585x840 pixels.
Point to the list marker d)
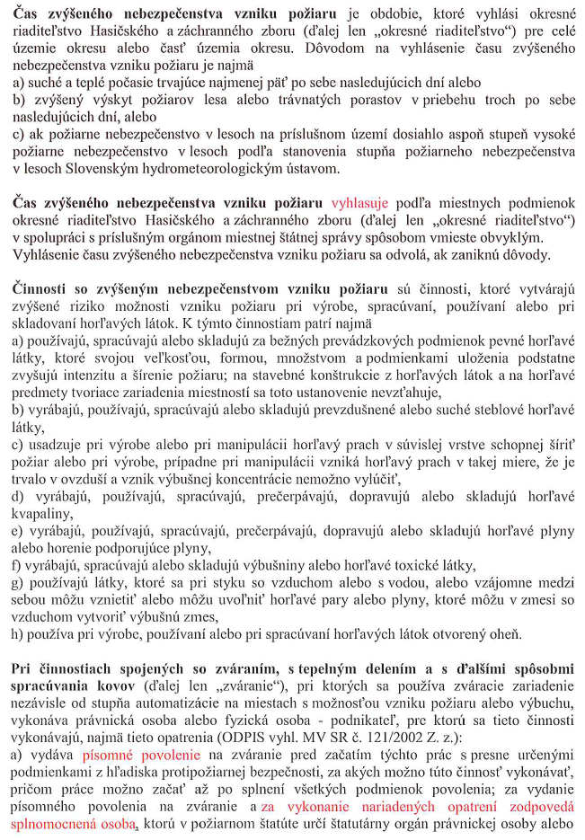pos(19,496)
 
